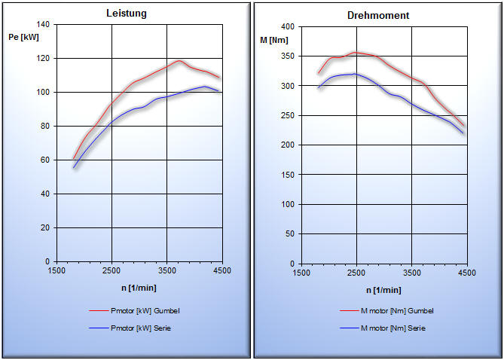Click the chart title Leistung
coord(126,14)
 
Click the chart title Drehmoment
coord(378,15)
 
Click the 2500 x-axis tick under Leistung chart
coord(111,270)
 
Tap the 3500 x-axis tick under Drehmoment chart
coord(411,273)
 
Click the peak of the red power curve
coord(179,61)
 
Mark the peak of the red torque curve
coord(356,53)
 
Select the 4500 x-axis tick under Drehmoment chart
coord(466,273)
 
